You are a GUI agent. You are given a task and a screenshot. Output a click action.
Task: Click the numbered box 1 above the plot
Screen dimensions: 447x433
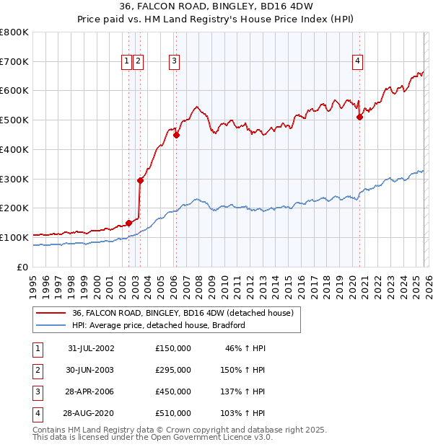127,62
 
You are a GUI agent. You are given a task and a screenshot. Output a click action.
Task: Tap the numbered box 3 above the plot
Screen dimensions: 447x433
174,62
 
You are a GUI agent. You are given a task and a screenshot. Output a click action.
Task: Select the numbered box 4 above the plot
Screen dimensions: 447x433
357,62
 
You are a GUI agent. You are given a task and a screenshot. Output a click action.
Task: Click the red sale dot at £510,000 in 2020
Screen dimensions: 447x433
359,117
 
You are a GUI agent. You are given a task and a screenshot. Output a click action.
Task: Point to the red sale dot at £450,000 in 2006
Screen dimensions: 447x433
176,134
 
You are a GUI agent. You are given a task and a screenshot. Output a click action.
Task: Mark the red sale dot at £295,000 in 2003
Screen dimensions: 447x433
140,180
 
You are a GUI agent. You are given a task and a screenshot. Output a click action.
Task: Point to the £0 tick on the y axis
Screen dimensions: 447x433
24,267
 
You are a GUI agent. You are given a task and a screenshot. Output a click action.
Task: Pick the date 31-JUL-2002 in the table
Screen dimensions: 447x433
91,348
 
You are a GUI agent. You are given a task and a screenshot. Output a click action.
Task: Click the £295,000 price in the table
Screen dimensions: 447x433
173,370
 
